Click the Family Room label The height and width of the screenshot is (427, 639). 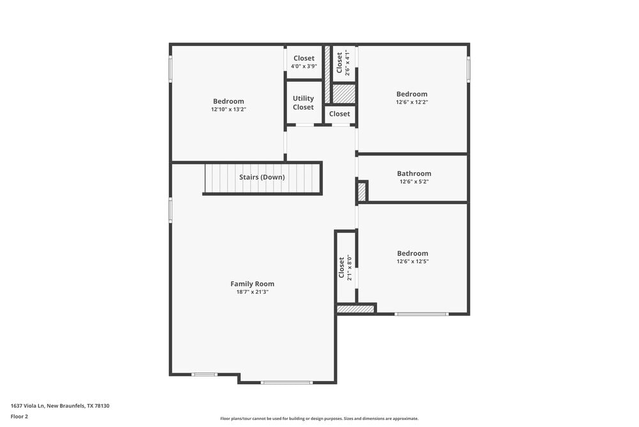pos(252,284)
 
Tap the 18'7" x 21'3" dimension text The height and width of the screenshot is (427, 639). pos(252,292)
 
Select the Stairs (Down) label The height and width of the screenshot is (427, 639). pos(262,177)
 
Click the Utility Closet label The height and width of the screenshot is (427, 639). pos(304,102)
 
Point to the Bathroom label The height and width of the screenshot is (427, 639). pos(413,173)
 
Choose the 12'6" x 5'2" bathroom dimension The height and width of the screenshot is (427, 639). pos(413,182)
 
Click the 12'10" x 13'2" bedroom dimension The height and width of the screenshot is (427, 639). pos(228,109)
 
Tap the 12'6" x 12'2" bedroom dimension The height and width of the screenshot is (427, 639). pos(412,102)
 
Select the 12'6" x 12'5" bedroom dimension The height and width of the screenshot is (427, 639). pos(412,261)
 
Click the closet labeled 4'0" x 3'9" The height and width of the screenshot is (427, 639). pos(304,66)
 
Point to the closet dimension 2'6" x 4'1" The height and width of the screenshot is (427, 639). pos(348,63)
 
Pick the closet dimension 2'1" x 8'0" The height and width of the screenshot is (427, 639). pos(350,268)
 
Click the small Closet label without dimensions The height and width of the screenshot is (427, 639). pos(339,114)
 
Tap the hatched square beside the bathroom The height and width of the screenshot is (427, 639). pos(362,192)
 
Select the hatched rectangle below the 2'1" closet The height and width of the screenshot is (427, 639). pos(355,309)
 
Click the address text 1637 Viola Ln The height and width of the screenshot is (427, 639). pos(64,405)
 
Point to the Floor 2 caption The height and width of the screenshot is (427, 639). pos(19,416)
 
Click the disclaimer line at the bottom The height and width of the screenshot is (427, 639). pos(319,419)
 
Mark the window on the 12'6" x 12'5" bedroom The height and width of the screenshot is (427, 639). pos(421,314)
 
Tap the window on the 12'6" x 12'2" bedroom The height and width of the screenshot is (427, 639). pos(468,70)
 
